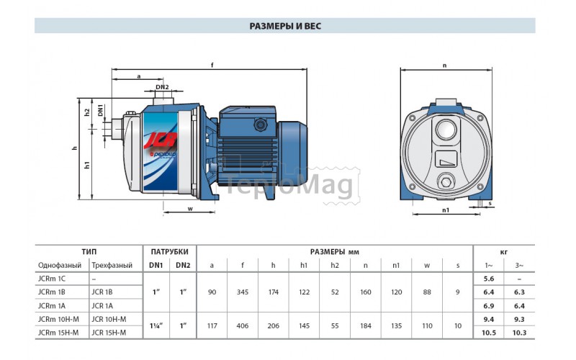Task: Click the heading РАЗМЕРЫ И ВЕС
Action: coord(285,26)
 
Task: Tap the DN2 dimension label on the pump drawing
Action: coord(162,87)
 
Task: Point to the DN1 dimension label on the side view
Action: coord(100,110)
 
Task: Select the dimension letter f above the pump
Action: coord(212,66)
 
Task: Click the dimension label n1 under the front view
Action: coord(446,210)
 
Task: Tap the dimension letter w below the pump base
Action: coord(190,209)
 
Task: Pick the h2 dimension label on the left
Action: coord(87,112)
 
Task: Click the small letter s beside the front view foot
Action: coord(490,204)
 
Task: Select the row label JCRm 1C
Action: coord(52,279)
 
